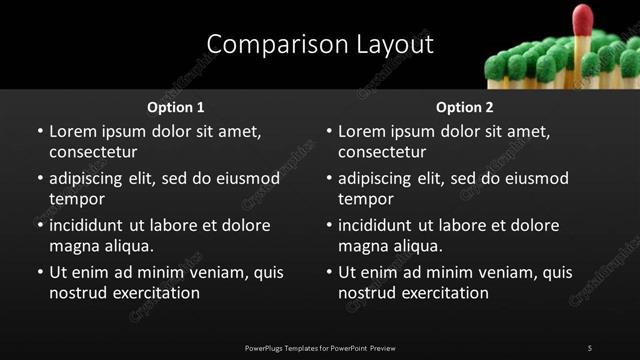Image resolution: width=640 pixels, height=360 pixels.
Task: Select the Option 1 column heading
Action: point(176,107)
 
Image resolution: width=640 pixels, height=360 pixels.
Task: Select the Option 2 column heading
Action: point(465,107)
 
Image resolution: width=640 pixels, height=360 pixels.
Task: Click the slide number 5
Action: point(590,348)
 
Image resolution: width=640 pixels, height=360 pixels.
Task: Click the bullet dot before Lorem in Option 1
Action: point(39,132)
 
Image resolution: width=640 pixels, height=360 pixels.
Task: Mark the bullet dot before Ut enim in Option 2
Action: point(328,272)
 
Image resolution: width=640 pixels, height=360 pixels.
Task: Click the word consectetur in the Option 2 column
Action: point(382,152)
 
